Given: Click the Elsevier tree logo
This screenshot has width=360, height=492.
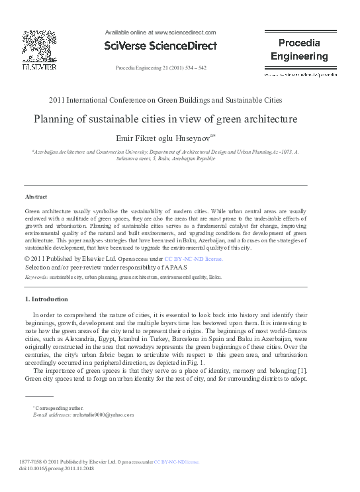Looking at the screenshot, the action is [x=39, y=47].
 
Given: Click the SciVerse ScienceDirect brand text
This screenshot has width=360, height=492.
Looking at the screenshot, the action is [x=161, y=46].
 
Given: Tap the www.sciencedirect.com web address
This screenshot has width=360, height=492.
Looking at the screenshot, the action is [x=185, y=32].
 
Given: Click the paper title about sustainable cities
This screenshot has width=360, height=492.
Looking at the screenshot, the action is [x=165, y=120].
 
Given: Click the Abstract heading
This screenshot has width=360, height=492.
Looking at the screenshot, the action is [x=36, y=197].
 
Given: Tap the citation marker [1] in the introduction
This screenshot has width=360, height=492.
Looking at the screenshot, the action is [x=301, y=369].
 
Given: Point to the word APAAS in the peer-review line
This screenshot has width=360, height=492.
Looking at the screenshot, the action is [x=175, y=267].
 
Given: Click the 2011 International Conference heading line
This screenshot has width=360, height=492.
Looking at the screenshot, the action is [x=165, y=100].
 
